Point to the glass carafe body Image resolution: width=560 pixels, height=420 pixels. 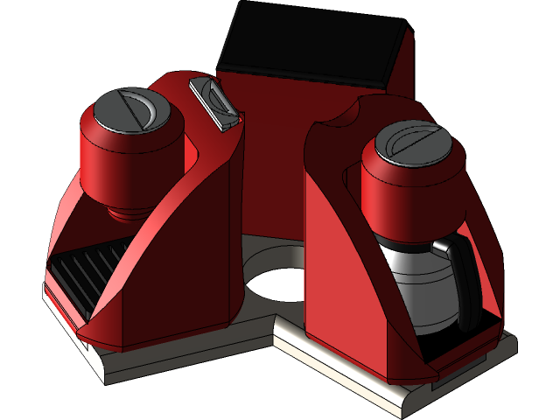coord(420,289)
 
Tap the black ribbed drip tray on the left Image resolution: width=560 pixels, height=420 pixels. coord(83,271)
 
